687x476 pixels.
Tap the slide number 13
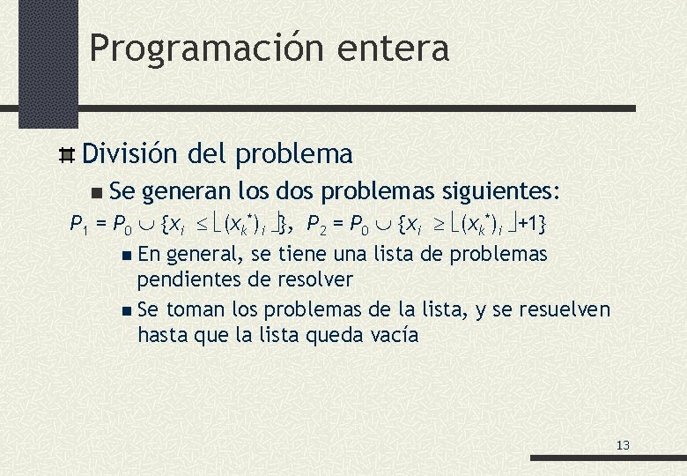623,445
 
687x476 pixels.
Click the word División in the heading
130,154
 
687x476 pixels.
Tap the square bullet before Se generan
96,192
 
